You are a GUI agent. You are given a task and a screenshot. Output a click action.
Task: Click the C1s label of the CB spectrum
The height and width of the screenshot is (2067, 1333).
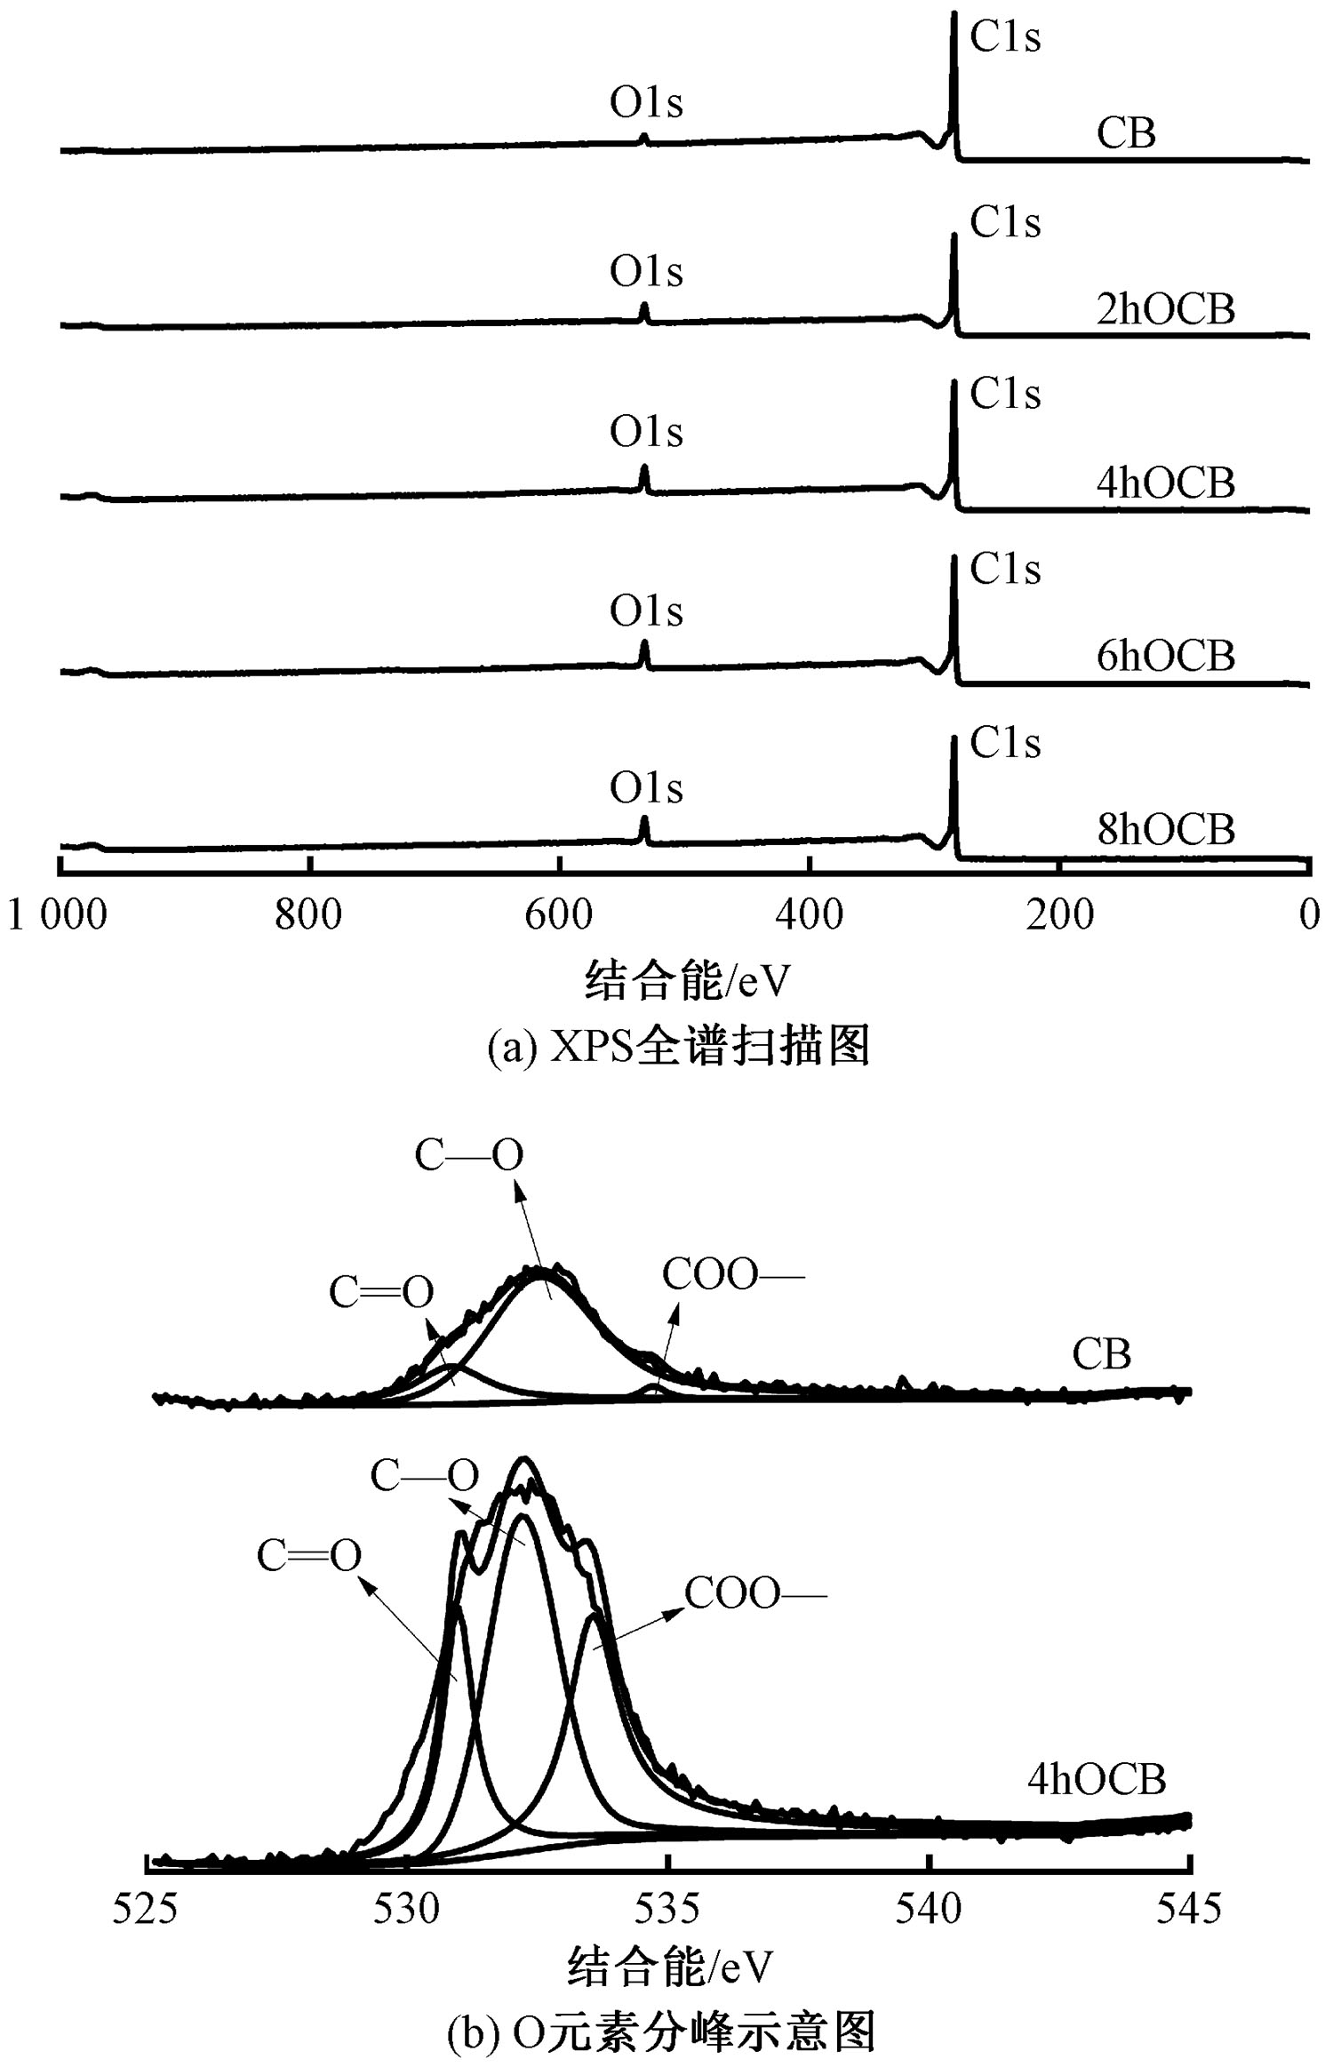coord(1005,37)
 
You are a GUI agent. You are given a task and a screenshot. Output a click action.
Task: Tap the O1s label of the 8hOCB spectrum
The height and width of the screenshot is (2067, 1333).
coord(646,788)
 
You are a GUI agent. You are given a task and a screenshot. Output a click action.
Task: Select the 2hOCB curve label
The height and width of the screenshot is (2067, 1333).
coord(1165,309)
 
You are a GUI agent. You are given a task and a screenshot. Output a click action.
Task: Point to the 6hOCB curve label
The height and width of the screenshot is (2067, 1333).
coord(1165,656)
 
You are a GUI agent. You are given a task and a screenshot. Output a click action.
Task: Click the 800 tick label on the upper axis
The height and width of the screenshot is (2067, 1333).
coord(308,914)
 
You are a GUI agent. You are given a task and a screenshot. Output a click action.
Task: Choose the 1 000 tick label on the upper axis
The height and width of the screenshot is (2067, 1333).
coord(58,914)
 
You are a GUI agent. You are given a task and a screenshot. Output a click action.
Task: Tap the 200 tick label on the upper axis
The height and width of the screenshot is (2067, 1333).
coord(1059,914)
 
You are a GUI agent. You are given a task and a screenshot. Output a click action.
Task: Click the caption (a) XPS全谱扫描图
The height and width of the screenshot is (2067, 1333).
coord(678,1047)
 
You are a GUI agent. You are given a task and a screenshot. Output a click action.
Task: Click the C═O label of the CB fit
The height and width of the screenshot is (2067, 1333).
coord(381,1292)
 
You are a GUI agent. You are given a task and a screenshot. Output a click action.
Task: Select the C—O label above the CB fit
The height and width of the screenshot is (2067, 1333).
coord(469,1155)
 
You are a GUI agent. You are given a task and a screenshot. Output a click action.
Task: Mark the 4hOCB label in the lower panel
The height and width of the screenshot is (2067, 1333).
coord(1096,1778)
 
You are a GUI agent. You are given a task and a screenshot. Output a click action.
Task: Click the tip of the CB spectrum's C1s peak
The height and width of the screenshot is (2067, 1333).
coord(954,14)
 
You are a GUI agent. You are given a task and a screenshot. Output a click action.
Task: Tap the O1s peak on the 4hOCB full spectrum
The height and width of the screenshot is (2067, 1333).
coord(644,469)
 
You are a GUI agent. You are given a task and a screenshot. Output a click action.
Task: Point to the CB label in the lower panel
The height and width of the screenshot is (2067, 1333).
coord(1101,1354)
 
